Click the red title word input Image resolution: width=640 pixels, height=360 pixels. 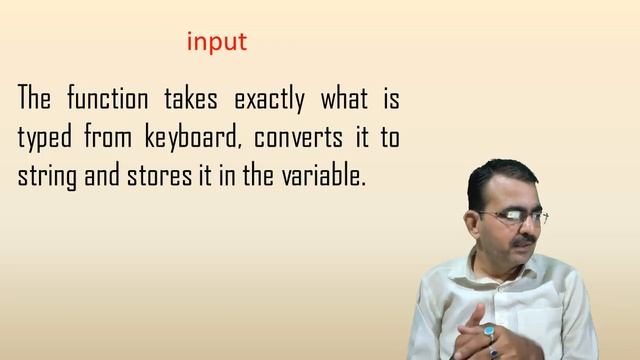click(216, 43)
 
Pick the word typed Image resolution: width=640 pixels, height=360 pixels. click(46, 139)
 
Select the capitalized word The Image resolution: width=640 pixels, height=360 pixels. click(36, 100)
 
